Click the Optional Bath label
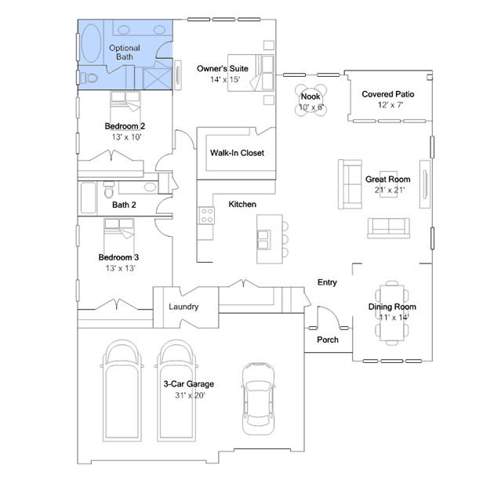point(125,53)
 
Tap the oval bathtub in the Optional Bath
point(91,42)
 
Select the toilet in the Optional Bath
point(89,78)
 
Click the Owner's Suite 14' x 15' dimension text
point(225,79)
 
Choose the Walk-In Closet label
point(237,153)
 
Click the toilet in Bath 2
point(109,190)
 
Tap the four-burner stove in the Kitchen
point(207,216)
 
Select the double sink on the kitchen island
point(263,240)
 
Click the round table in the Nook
point(310,100)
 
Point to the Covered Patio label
point(388,94)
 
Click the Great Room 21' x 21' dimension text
point(390,190)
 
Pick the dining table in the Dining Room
point(392,313)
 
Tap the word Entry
point(327,282)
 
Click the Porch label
point(328,339)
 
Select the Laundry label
point(183,307)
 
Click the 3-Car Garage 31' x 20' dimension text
point(190,396)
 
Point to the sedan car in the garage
point(258,399)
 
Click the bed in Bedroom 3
point(119,236)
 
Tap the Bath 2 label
point(124,205)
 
